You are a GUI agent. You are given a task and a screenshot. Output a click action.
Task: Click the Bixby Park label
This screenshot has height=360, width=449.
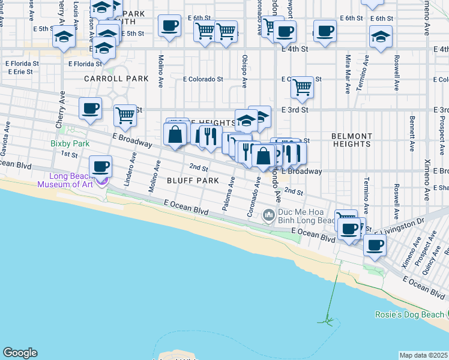(x=70, y=144)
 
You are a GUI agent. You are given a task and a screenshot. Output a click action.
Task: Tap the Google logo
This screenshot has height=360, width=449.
(x=20, y=353)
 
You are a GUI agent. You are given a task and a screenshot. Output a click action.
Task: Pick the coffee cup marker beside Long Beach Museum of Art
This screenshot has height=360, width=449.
(x=101, y=166)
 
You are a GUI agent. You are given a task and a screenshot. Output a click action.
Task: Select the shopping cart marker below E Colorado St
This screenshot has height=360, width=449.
(x=302, y=88)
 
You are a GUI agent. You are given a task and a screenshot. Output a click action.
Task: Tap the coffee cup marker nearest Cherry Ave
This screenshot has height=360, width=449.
(x=91, y=109)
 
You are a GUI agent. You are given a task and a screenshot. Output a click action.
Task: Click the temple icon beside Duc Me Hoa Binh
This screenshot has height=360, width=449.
(x=269, y=214)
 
